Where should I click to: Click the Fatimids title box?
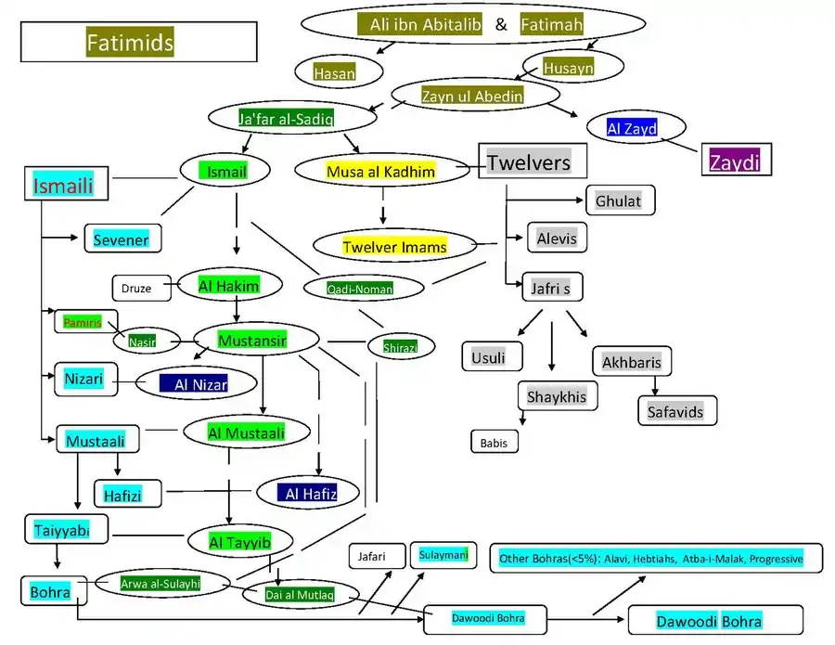pos(138,42)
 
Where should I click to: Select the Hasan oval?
pos(334,71)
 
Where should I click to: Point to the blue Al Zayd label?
pos(632,128)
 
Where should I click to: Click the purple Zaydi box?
pos(736,161)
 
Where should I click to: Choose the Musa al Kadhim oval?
pos(381,172)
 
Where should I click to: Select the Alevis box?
pos(557,239)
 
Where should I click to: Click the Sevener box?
pos(122,239)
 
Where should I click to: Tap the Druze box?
pos(135,289)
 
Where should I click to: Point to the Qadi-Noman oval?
pos(359,289)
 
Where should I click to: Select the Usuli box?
pos(491,356)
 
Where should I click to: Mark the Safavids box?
pos(676,411)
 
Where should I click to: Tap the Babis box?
pos(494,443)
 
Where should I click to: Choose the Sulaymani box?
pos(444,555)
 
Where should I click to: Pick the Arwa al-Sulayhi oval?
pos(161,584)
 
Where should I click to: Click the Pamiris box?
pos(83,322)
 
